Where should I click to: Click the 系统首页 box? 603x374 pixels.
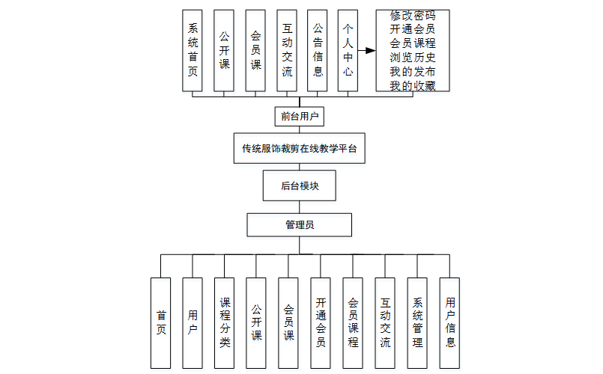coord(193,51)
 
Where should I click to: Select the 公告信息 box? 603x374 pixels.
coord(318,51)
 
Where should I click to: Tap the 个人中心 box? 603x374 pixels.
coord(348,51)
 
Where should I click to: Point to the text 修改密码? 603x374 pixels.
coord(412,16)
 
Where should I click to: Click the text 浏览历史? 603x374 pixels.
coord(412,58)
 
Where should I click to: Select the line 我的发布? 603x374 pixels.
coord(412,72)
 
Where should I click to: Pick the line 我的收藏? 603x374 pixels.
coord(412,85)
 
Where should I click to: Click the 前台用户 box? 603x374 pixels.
coord(300,116)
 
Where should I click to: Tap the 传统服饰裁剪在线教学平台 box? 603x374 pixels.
coord(300,148)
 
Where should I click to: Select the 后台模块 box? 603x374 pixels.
coord(300,186)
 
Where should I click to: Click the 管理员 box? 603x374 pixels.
coord(300,224)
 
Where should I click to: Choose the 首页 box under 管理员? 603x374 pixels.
coord(161,322)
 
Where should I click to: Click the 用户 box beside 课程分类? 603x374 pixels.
coord(193,322)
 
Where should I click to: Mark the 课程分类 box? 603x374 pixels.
coord(225,322)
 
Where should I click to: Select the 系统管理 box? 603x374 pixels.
coord(417,322)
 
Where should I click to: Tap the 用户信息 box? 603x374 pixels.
coord(449,322)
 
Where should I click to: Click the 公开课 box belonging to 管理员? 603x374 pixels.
coord(257,322)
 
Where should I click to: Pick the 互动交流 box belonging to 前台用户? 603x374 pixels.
coord(287,51)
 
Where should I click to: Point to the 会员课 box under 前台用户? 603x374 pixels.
coord(255,51)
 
